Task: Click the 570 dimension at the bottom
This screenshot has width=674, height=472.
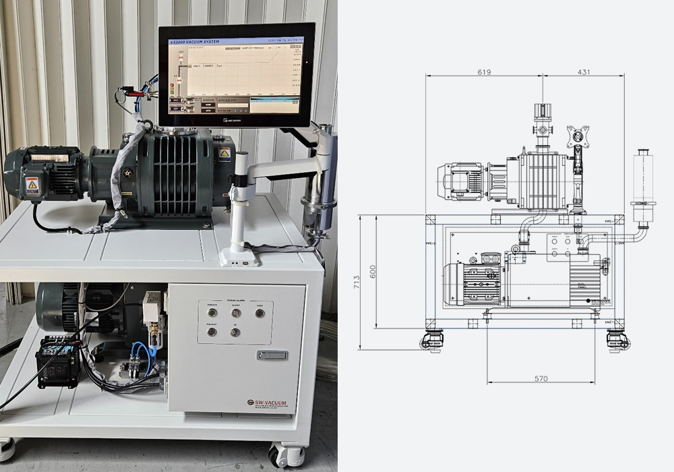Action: pos(541,379)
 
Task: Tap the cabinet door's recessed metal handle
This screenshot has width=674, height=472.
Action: pos(272,355)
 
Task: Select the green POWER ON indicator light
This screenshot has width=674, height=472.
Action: pos(212,313)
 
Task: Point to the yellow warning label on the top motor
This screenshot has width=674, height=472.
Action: pos(32,185)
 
